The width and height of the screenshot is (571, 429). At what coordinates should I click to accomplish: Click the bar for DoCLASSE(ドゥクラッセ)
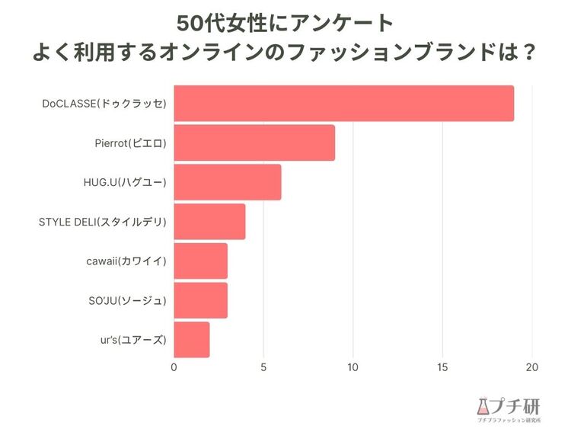343,104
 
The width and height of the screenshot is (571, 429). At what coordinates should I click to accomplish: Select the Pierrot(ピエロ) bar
254,143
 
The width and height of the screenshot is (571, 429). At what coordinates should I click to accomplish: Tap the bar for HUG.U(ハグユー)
228,182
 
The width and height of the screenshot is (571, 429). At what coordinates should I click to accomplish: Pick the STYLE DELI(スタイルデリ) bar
209,222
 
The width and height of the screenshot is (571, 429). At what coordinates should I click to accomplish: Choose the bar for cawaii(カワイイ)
200,261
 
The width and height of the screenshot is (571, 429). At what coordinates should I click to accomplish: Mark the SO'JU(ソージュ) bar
200,300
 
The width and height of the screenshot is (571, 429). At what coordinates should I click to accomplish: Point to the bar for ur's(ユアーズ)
192,340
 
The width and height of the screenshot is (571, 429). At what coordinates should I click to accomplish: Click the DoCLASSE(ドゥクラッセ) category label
104,104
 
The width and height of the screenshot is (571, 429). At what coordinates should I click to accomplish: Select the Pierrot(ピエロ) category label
131,143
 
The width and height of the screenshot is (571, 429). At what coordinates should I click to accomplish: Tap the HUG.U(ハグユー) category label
124,182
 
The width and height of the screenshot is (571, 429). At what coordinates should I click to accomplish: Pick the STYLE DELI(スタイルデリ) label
102,222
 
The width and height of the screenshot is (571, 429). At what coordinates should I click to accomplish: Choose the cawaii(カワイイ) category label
126,261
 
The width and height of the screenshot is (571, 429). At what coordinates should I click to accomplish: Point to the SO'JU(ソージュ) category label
127,300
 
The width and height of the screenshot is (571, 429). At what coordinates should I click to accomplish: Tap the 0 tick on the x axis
174,367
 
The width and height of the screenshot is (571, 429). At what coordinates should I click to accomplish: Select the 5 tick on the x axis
263,367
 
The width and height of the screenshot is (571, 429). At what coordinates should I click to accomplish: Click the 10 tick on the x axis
352,367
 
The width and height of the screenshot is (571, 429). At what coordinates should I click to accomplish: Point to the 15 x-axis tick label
442,367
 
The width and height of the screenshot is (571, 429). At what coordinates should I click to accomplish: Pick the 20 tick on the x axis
531,367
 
